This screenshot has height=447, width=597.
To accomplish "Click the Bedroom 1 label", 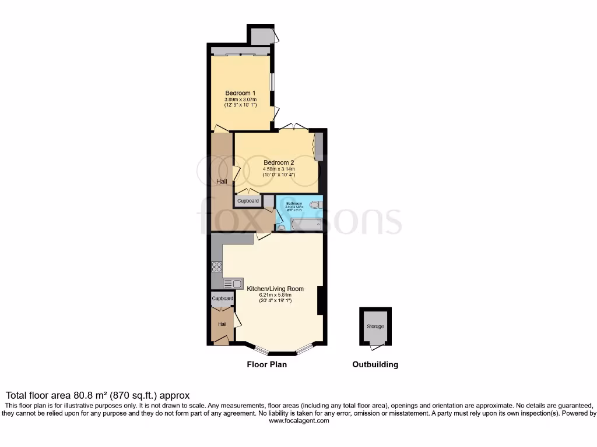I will (x=240, y=93).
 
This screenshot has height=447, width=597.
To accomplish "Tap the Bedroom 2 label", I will (x=279, y=162).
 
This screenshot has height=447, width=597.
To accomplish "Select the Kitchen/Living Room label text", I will (x=275, y=289).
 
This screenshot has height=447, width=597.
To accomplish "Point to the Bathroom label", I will (x=294, y=203).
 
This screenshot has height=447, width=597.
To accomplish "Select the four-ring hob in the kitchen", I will (x=216, y=267).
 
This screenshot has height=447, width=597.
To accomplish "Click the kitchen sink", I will (x=234, y=283).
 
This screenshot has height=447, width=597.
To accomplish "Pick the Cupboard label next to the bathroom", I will (x=248, y=201).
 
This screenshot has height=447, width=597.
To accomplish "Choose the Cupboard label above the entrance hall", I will (x=222, y=299).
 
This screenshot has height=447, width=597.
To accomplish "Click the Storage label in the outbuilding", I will (x=375, y=327).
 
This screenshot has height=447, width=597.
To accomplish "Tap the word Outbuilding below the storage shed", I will (x=375, y=365).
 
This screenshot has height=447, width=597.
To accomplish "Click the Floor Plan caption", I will (x=266, y=365).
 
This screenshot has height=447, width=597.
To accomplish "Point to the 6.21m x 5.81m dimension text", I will (x=275, y=296).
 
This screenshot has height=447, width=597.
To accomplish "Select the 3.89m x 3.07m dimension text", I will (x=240, y=100).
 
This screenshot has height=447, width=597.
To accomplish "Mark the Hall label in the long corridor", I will (x=222, y=182).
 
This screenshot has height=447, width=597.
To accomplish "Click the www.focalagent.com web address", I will (x=298, y=421).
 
